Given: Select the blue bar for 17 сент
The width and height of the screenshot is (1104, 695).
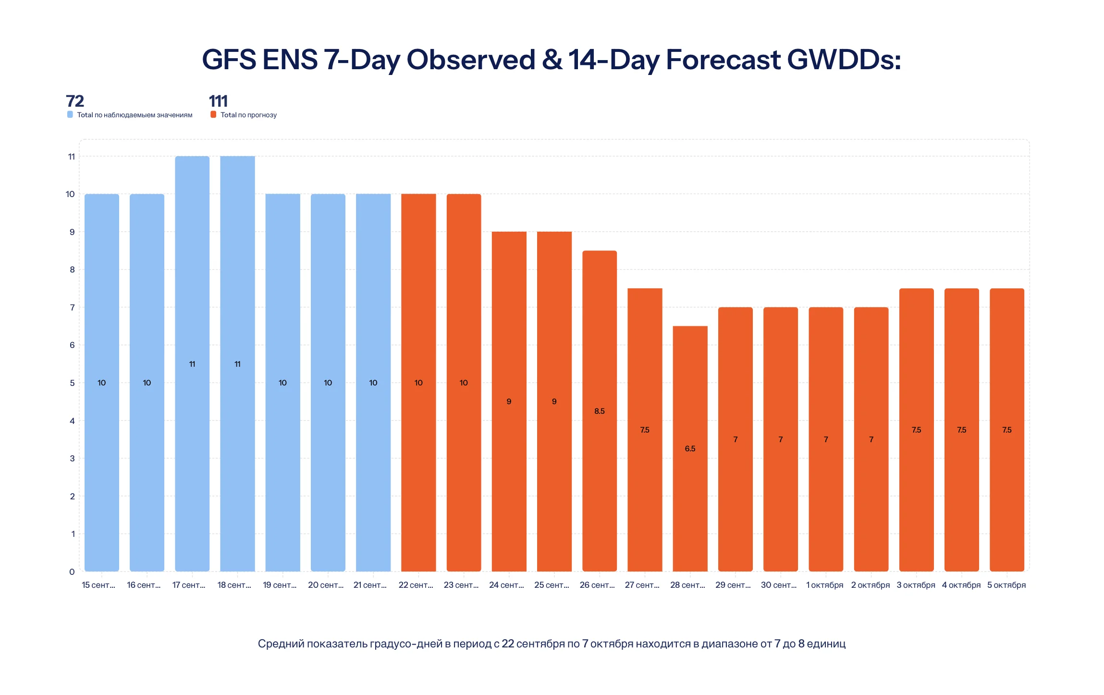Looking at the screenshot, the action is click(x=192, y=364).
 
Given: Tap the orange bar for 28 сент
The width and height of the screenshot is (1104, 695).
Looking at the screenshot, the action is click(x=690, y=448).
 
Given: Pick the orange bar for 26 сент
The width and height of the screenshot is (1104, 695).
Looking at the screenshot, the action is click(x=600, y=411).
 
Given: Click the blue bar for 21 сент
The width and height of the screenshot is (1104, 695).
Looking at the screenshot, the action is click(x=373, y=383).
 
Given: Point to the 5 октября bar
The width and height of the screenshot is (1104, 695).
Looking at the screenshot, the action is click(x=1007, y=430).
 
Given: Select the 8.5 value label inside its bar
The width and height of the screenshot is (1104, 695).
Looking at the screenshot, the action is click(x=600, y=411).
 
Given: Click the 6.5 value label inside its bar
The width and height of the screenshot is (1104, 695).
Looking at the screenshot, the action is click(x=690, y=448).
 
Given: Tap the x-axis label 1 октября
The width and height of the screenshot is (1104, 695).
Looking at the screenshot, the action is click(x=825, y=585).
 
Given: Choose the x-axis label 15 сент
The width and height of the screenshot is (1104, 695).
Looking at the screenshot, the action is click(x=98, y=585).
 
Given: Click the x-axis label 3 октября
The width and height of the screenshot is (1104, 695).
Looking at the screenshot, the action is click(x=916, y=585).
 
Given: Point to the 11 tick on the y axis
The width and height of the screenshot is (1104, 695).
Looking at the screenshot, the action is click(x=72, y=157).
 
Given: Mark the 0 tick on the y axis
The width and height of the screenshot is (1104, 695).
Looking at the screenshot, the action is click(x=72, y=572).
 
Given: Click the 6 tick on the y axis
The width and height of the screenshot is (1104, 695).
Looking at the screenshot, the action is click(x=72, y=345).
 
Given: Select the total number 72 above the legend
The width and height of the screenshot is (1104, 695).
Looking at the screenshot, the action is click(x=75, y=101).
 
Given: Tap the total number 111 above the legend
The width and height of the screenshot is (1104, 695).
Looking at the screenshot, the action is click(x=218, y=101).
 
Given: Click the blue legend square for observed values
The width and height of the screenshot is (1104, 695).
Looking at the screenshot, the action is click(x=70, y=114).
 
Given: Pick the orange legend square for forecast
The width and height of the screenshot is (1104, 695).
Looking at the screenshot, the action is click(x=213, y=114).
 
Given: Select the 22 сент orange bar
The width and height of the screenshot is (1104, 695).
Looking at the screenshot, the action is click(x=418, y=383).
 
